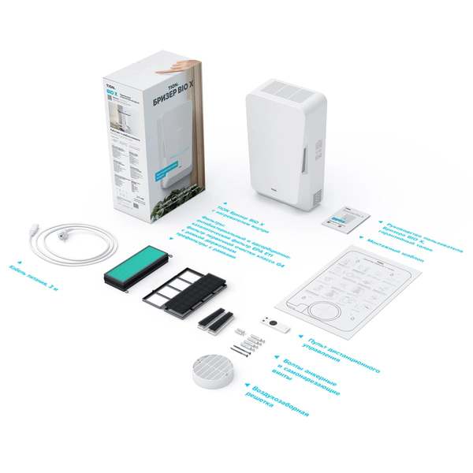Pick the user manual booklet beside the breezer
pos(345,214)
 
